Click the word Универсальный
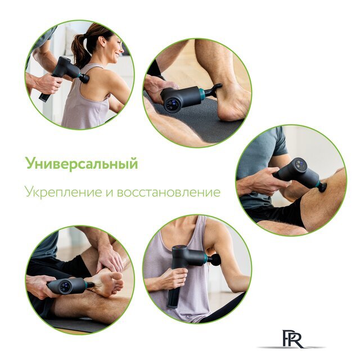pyautogui.click(x=81, y=164)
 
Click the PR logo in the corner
pyautogui.click(x=292, y=339)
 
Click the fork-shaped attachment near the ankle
pyautogui.click(x=213, y=90)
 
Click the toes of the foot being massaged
pyautogui.click(x=115, y=280)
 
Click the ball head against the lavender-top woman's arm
pyautogui.click(x=214, y=259)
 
